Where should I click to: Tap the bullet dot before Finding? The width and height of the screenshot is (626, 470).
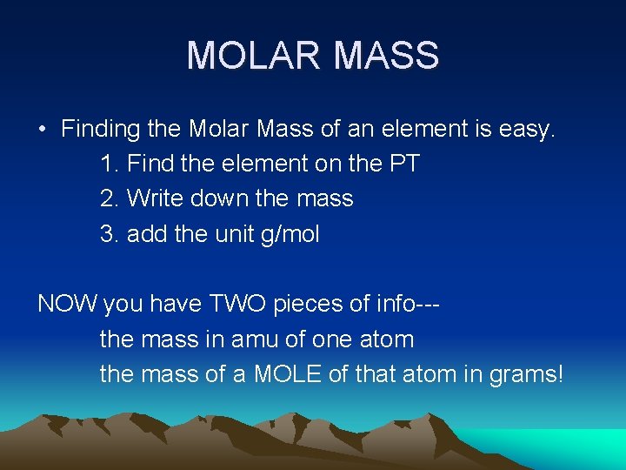tap(42, 130)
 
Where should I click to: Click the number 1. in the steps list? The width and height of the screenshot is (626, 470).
tap(110, 164)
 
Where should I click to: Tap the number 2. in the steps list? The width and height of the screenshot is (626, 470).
tap(110, 198)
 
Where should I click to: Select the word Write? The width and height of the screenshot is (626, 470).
tap(151, 198)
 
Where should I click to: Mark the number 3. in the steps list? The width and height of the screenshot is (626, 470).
tap(110, 233)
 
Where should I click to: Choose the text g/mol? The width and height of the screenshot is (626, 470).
tap(290, 234)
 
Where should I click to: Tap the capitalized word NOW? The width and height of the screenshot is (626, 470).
tap(68, 304)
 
